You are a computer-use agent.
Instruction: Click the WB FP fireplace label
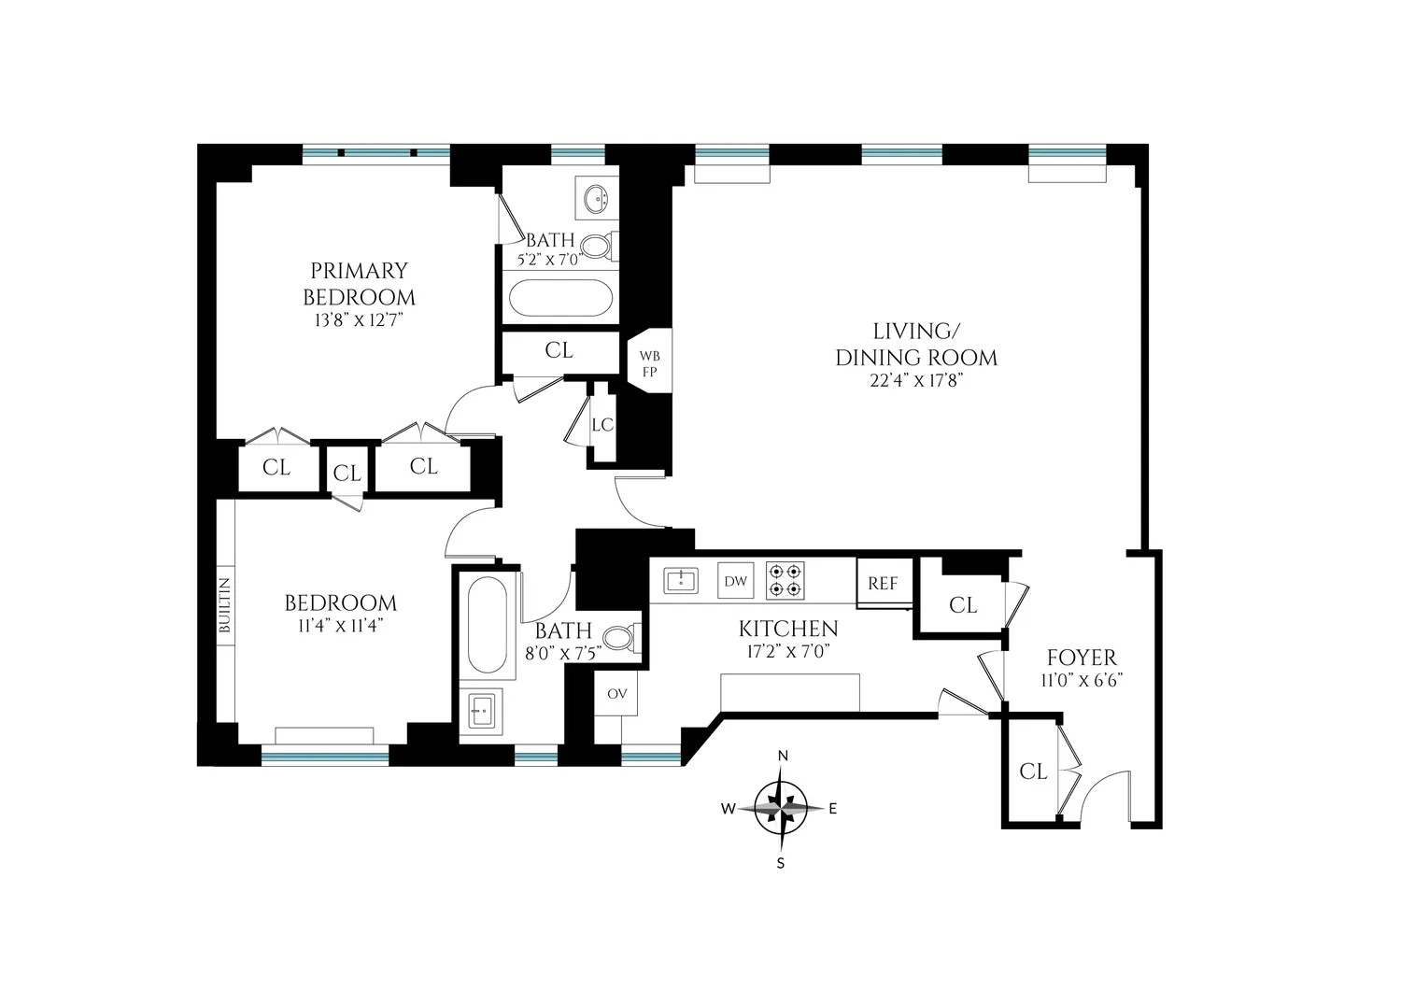coord(650,363)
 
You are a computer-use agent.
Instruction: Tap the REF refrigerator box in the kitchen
coord(884,583)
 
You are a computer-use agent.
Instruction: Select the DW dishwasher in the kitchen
coord(736,581)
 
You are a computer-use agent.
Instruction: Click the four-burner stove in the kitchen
coord(785,581)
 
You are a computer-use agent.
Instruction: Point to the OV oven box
coord(616,693)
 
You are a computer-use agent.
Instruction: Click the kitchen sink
coord(681,581)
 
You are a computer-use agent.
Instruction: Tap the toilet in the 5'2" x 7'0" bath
coord(599,247)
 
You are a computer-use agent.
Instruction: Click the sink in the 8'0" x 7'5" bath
coord(480,711)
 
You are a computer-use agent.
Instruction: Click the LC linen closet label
coord(603,425)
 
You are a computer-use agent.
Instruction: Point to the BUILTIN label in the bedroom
coord(225,605)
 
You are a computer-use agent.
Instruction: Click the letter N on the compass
coord(783,756)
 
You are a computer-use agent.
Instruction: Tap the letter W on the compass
coord(728,809)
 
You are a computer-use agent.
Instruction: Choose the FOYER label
coord(1082,658)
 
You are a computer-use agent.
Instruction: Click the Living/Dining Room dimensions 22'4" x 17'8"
coord(916,380)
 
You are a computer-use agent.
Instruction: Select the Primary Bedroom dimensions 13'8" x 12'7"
coord(359,320)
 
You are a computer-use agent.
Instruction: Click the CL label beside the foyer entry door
coord(1033,772)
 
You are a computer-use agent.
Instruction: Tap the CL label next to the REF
coord(963,605)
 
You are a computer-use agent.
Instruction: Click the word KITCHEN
coord(788,629)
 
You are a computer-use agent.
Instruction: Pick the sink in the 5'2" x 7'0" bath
coord(596,200)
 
